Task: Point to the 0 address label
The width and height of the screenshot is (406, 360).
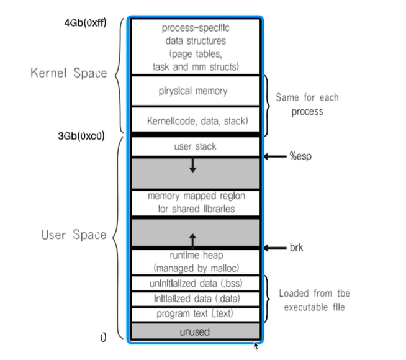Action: pos(104,337)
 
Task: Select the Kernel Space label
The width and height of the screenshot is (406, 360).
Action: pos(68,73)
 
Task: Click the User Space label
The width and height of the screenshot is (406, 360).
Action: pos(73,235)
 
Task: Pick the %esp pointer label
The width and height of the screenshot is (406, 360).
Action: pos(298,156)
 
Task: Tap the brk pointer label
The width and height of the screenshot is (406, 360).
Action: pos(295,248)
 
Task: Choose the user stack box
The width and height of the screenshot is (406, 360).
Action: pos(194,147)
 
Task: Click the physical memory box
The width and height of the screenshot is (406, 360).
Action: pos(194,91)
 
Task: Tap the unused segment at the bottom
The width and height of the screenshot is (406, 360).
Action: pos(194,332)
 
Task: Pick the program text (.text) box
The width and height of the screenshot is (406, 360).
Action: pos(194,314)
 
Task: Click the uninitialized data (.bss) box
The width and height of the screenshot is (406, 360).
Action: pos(194,283)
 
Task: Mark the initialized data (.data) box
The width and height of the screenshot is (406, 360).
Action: pos(194,299)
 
